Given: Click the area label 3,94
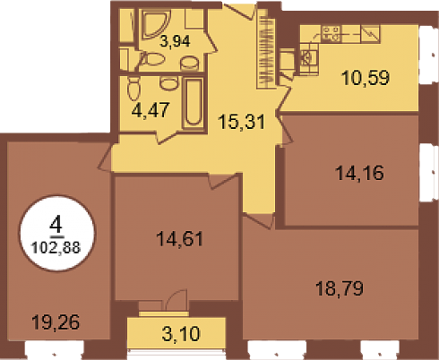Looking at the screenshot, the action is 175,41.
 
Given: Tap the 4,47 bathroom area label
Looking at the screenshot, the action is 151,110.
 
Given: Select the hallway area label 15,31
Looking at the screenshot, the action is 242,122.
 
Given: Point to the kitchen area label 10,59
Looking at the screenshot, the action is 366,77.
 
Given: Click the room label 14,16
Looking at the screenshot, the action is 359,173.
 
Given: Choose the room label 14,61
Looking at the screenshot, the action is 180,238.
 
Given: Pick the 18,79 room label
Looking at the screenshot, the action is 340,288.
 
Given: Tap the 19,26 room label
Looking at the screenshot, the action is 56,322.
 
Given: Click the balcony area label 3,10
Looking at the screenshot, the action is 181,333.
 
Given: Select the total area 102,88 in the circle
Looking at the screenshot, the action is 56,247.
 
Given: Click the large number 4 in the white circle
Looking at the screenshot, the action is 56,225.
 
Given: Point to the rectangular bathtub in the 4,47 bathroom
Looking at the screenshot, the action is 193,103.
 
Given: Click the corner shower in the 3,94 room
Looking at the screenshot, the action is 155,24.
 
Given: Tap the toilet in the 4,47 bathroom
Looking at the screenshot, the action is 133,89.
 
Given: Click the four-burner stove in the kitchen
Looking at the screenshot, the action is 331,34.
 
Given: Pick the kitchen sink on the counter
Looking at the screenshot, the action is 306,57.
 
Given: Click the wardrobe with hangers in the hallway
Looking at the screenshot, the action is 266,48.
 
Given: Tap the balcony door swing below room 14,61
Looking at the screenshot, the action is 176,300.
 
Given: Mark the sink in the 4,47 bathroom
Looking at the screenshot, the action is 169,83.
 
